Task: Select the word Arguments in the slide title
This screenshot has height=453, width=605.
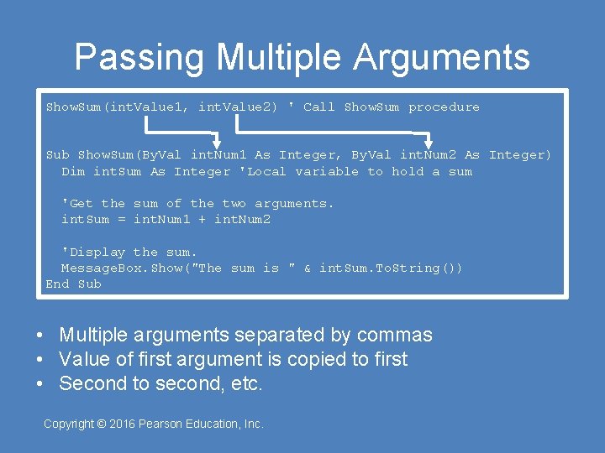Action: coord(441,57)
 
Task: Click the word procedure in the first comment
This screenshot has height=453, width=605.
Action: coord(444,107)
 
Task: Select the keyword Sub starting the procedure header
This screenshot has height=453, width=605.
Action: coord(57,154)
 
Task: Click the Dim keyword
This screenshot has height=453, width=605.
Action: coord(73,171)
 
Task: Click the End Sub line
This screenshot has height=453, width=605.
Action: coord(73,284)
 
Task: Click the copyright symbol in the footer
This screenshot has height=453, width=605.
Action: coord(102,424)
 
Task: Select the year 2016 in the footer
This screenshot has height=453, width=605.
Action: coord(123,424)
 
